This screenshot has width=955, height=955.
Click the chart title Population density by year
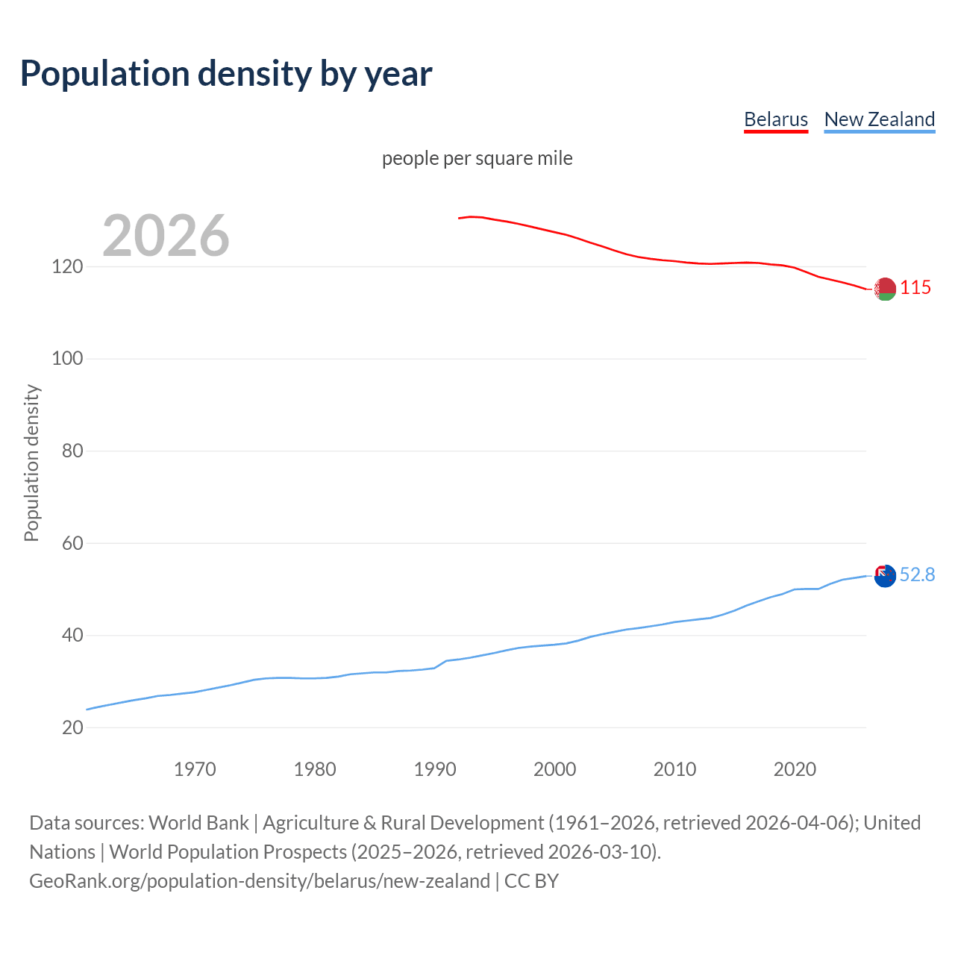[x=226, y=74]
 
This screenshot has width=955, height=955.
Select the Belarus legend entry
[x=776, y=119]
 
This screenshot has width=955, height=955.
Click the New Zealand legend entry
[x=879, y=119]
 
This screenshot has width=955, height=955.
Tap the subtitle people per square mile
[x=477, y=158]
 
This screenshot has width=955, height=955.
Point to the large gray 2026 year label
[x=166, y=236]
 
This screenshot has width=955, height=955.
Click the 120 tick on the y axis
[x=67, y=266]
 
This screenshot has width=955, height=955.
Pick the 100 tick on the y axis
[x=67, y=359]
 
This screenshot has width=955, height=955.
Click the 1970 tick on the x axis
[x=195, y=769]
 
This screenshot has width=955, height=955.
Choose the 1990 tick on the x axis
[x=435, y=769]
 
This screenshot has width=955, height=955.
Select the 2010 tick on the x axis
[x=674, y=769]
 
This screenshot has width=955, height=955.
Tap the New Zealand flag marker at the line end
[x=885, y=576]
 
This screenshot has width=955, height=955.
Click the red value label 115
[x=915, y=288]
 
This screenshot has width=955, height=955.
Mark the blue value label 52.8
[x=917, y=574]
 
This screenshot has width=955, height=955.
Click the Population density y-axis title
[x=31, y=463]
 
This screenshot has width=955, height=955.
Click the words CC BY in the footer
[x=531, y=881]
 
